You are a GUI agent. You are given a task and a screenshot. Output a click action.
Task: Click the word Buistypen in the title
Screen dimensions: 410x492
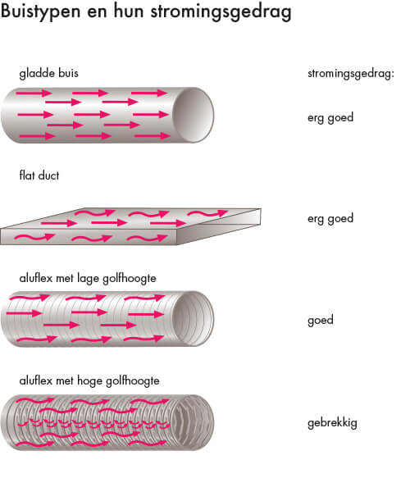point(41,12)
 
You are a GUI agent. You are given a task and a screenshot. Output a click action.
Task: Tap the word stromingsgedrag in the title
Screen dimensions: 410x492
point(221,12)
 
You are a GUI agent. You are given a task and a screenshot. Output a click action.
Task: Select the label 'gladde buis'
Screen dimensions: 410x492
point(48,74)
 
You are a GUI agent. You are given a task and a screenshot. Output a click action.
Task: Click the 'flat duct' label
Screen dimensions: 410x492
point(39,175)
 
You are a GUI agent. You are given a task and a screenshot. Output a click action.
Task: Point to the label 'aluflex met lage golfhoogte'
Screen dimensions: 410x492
point(88,279)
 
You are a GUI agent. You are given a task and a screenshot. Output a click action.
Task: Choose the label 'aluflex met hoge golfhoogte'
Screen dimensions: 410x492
point(89,381)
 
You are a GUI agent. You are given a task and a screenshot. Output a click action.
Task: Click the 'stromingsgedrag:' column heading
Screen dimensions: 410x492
point(351,74)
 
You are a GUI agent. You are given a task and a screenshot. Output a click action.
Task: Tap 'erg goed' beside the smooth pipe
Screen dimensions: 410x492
point(330,118)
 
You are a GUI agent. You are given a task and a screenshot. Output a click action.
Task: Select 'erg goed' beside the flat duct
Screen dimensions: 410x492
point(330,219)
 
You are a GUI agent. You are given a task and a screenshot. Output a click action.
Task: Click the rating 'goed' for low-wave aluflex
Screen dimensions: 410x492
point(321,321)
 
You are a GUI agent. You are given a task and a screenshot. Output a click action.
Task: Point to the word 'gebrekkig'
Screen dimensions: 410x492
point(332,423)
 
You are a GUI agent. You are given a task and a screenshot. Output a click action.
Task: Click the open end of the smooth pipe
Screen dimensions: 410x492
point(194,115)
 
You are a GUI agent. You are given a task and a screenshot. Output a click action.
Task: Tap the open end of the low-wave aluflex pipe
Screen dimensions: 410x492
point(194,318)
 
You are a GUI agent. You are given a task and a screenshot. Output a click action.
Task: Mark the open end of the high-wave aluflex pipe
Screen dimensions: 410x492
point(192,422)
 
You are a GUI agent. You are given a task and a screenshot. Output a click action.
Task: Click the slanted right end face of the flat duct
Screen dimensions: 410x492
point(219,226)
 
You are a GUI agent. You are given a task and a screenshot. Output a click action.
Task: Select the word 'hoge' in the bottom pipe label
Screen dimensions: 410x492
point(90,381)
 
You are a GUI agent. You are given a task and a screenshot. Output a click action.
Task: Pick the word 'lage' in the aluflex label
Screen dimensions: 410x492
point(88,279)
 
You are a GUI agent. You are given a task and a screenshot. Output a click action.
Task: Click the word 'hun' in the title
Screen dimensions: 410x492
point(129,11)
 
